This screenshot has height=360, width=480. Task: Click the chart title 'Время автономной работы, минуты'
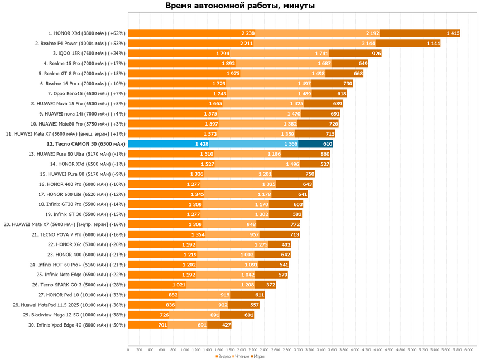click(240, 6)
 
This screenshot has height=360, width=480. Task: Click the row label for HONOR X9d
click(86, 33)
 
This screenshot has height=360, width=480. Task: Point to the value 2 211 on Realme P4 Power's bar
click(247, 44)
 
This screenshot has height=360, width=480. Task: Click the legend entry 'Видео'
click(223, 356)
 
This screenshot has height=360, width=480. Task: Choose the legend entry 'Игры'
click(259, 356)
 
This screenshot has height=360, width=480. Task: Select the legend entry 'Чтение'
click(241, 356)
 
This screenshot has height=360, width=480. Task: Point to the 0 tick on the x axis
click(128, 350)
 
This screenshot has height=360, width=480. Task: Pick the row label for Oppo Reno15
click(87, 94)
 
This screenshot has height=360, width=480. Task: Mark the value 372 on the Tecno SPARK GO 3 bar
click(271, 285)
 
